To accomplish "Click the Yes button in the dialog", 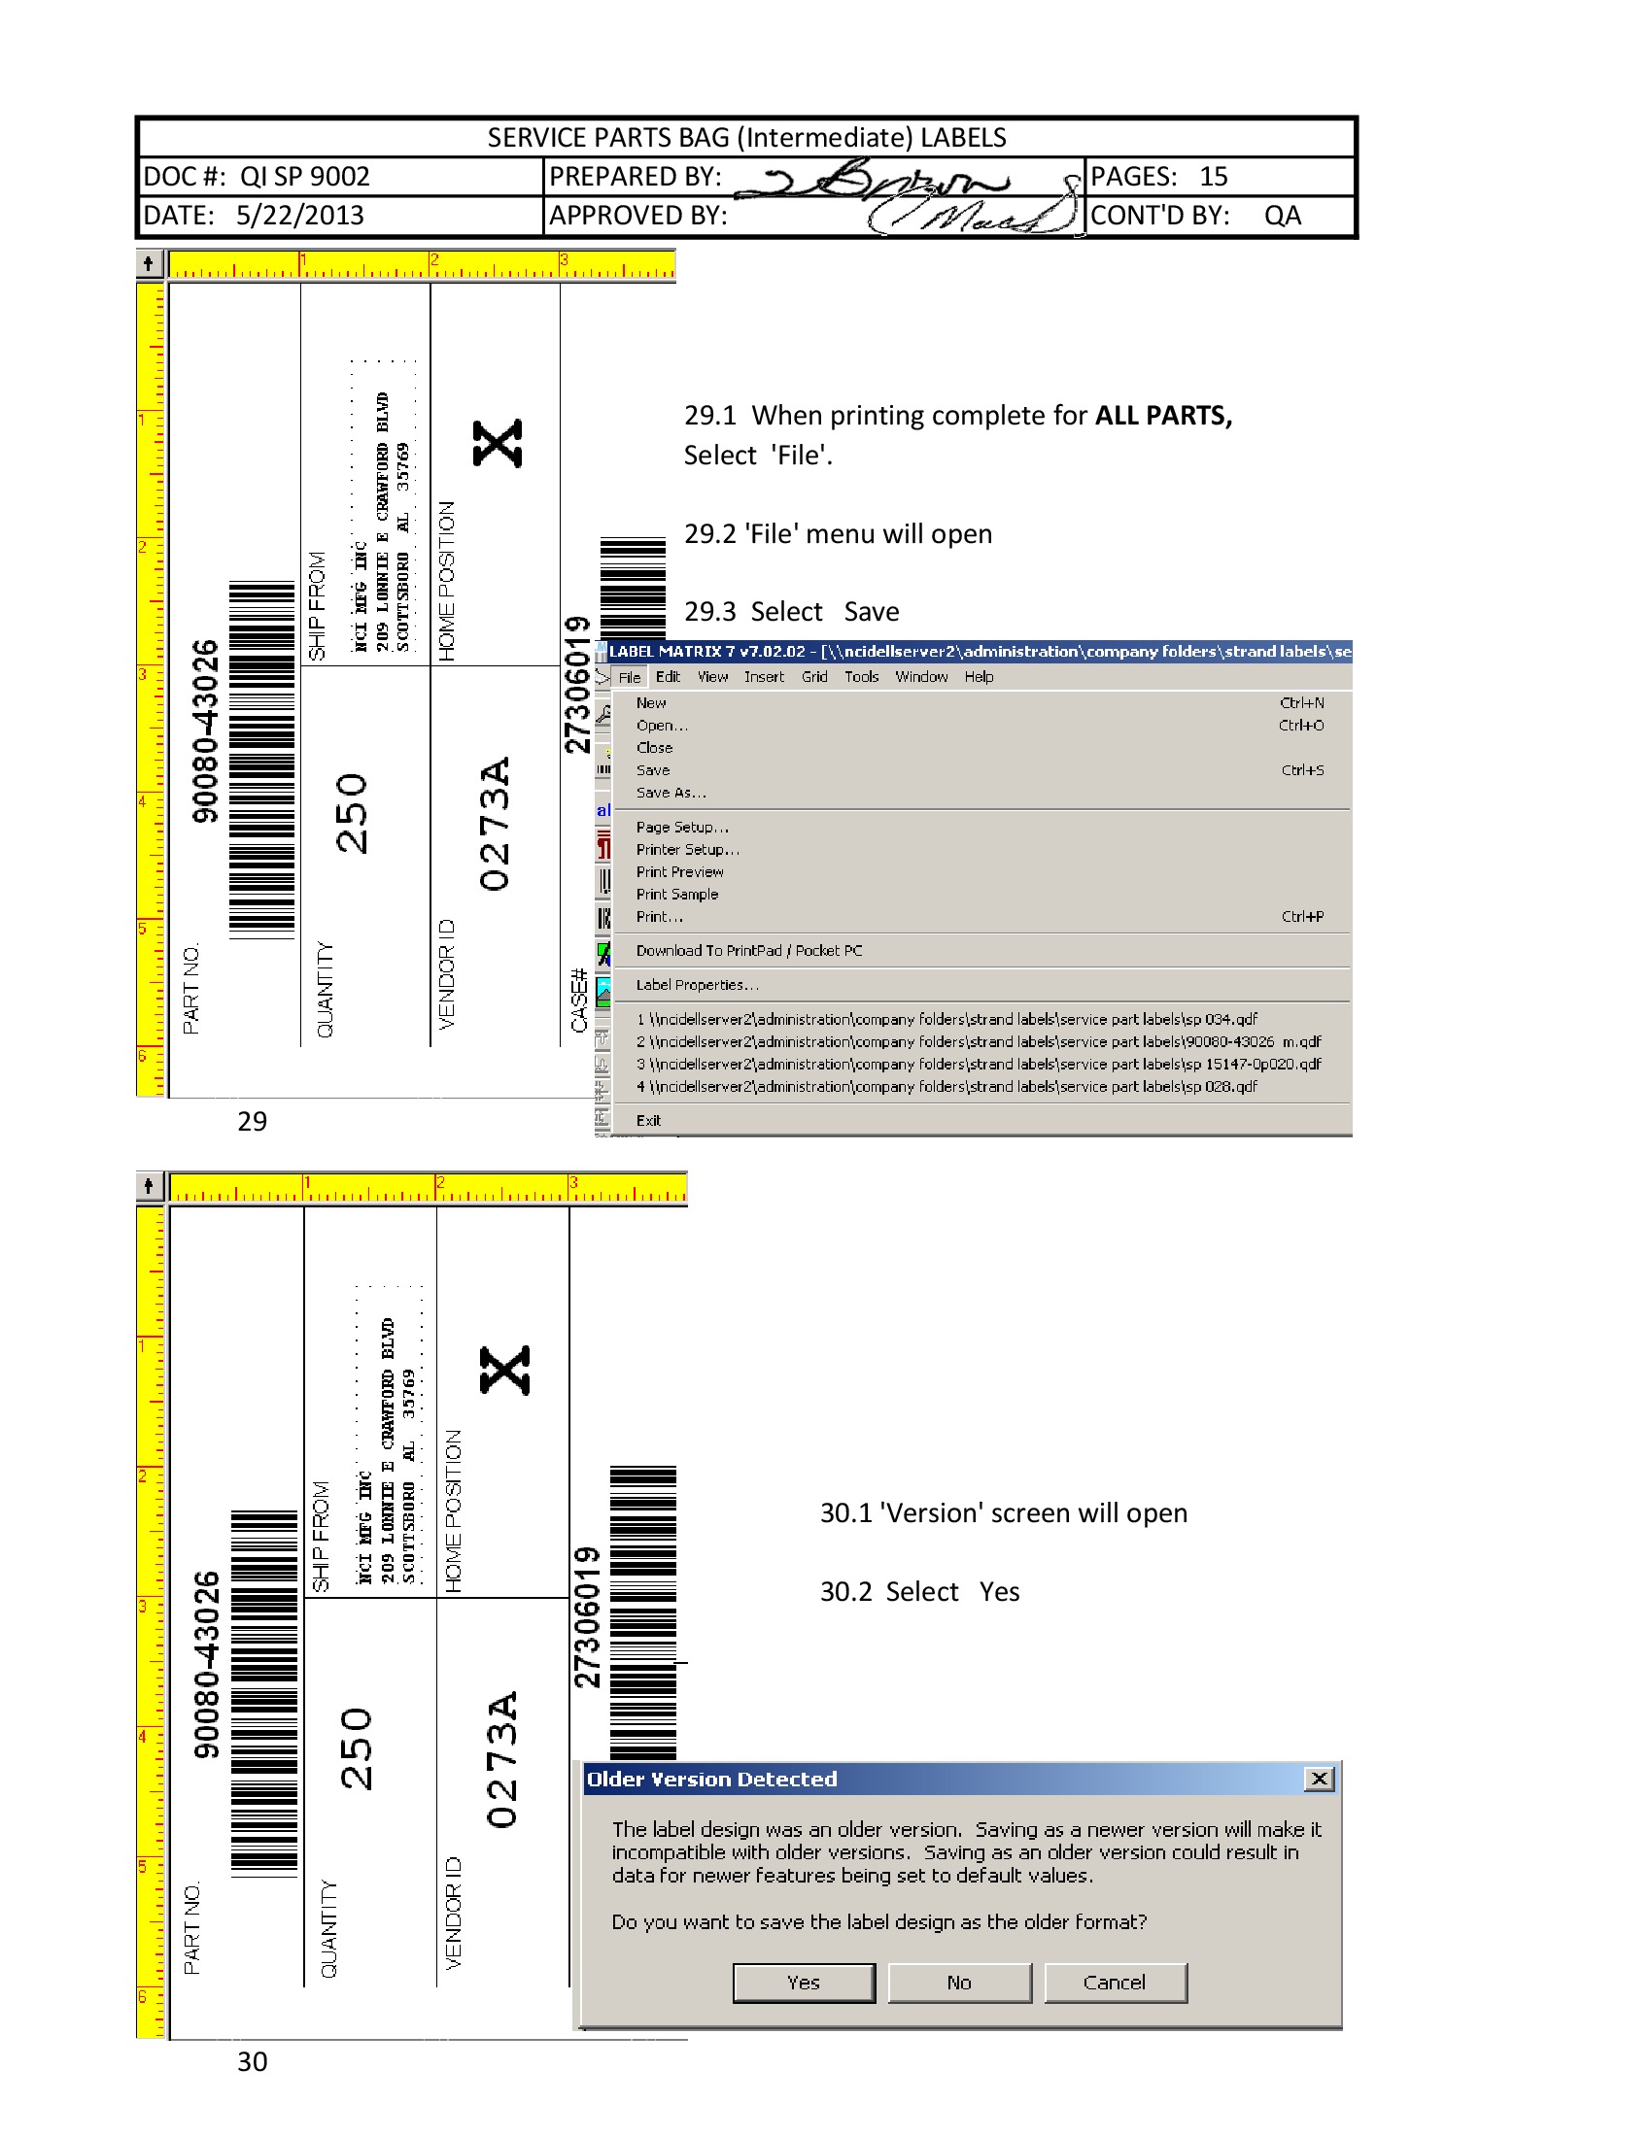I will point(804,1983).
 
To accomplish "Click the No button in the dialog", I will point(959,1983).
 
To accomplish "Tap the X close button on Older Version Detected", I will point(1319,1779).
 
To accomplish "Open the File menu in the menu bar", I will point(630,677).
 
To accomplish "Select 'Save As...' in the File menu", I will point(671,793).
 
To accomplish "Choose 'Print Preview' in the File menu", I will point(679,872).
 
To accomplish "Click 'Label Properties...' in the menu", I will point(697,985).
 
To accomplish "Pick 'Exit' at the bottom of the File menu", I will point(648,1120).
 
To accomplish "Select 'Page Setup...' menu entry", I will point(682,827).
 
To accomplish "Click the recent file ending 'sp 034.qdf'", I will point(946,1020).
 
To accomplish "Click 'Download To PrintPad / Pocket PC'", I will point(748,951).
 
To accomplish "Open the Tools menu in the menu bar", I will point(861,677).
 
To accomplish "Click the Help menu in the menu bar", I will point(979,677).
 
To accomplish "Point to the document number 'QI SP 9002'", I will point(304,176).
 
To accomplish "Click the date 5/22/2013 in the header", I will point(299,216).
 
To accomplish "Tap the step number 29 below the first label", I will point(252,1121).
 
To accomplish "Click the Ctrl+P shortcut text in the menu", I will point(1301,917).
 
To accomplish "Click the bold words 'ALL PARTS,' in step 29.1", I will point(1162,416).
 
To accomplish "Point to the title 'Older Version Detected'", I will point(711,1779).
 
